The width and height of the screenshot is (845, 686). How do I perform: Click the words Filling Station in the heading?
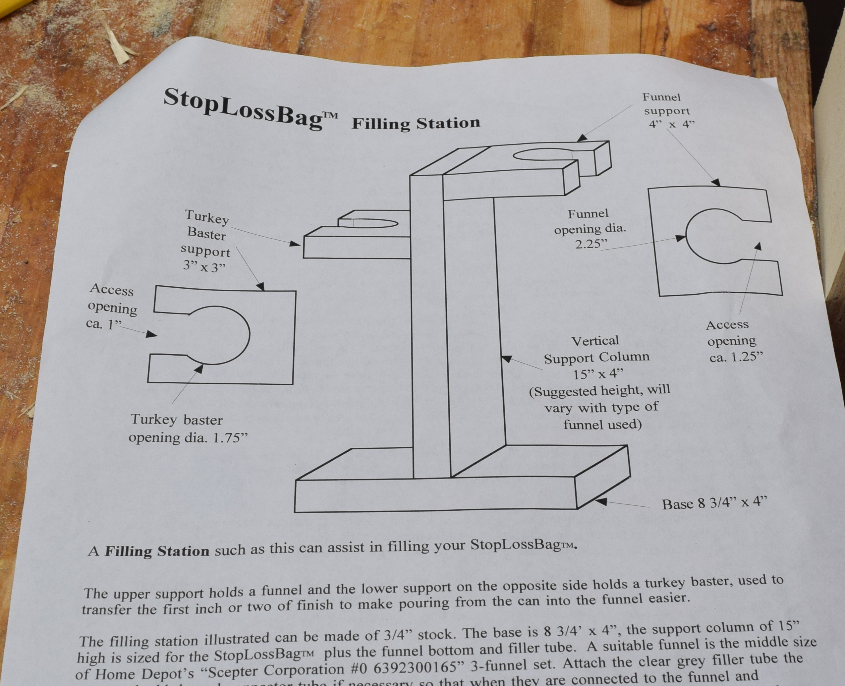[416, 123]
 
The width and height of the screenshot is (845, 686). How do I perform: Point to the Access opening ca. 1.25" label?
[732, 341]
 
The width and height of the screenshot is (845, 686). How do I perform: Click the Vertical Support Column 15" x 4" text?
[596, 358]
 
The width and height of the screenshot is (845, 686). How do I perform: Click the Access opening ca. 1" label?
[111, 306]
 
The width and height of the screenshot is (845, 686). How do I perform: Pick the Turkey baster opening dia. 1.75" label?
[188, 429]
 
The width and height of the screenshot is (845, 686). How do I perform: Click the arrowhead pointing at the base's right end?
[600, 501]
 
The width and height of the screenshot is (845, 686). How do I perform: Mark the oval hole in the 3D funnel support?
[542, 155]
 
